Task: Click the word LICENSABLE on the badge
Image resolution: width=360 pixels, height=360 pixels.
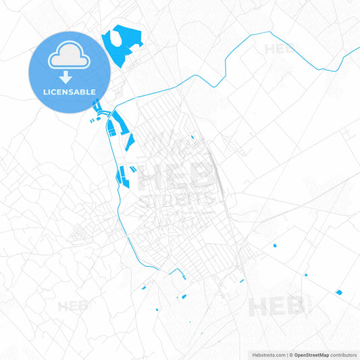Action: (69, 91)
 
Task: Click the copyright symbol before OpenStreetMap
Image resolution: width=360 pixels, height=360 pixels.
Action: (290, 354)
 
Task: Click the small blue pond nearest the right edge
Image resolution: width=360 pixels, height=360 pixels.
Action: (338, 292)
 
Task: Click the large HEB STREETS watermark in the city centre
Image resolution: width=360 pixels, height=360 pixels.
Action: (177, 182)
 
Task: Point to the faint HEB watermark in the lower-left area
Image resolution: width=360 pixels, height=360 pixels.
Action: (72, 306)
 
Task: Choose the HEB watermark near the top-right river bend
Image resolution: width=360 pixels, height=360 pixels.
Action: (280, 49)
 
